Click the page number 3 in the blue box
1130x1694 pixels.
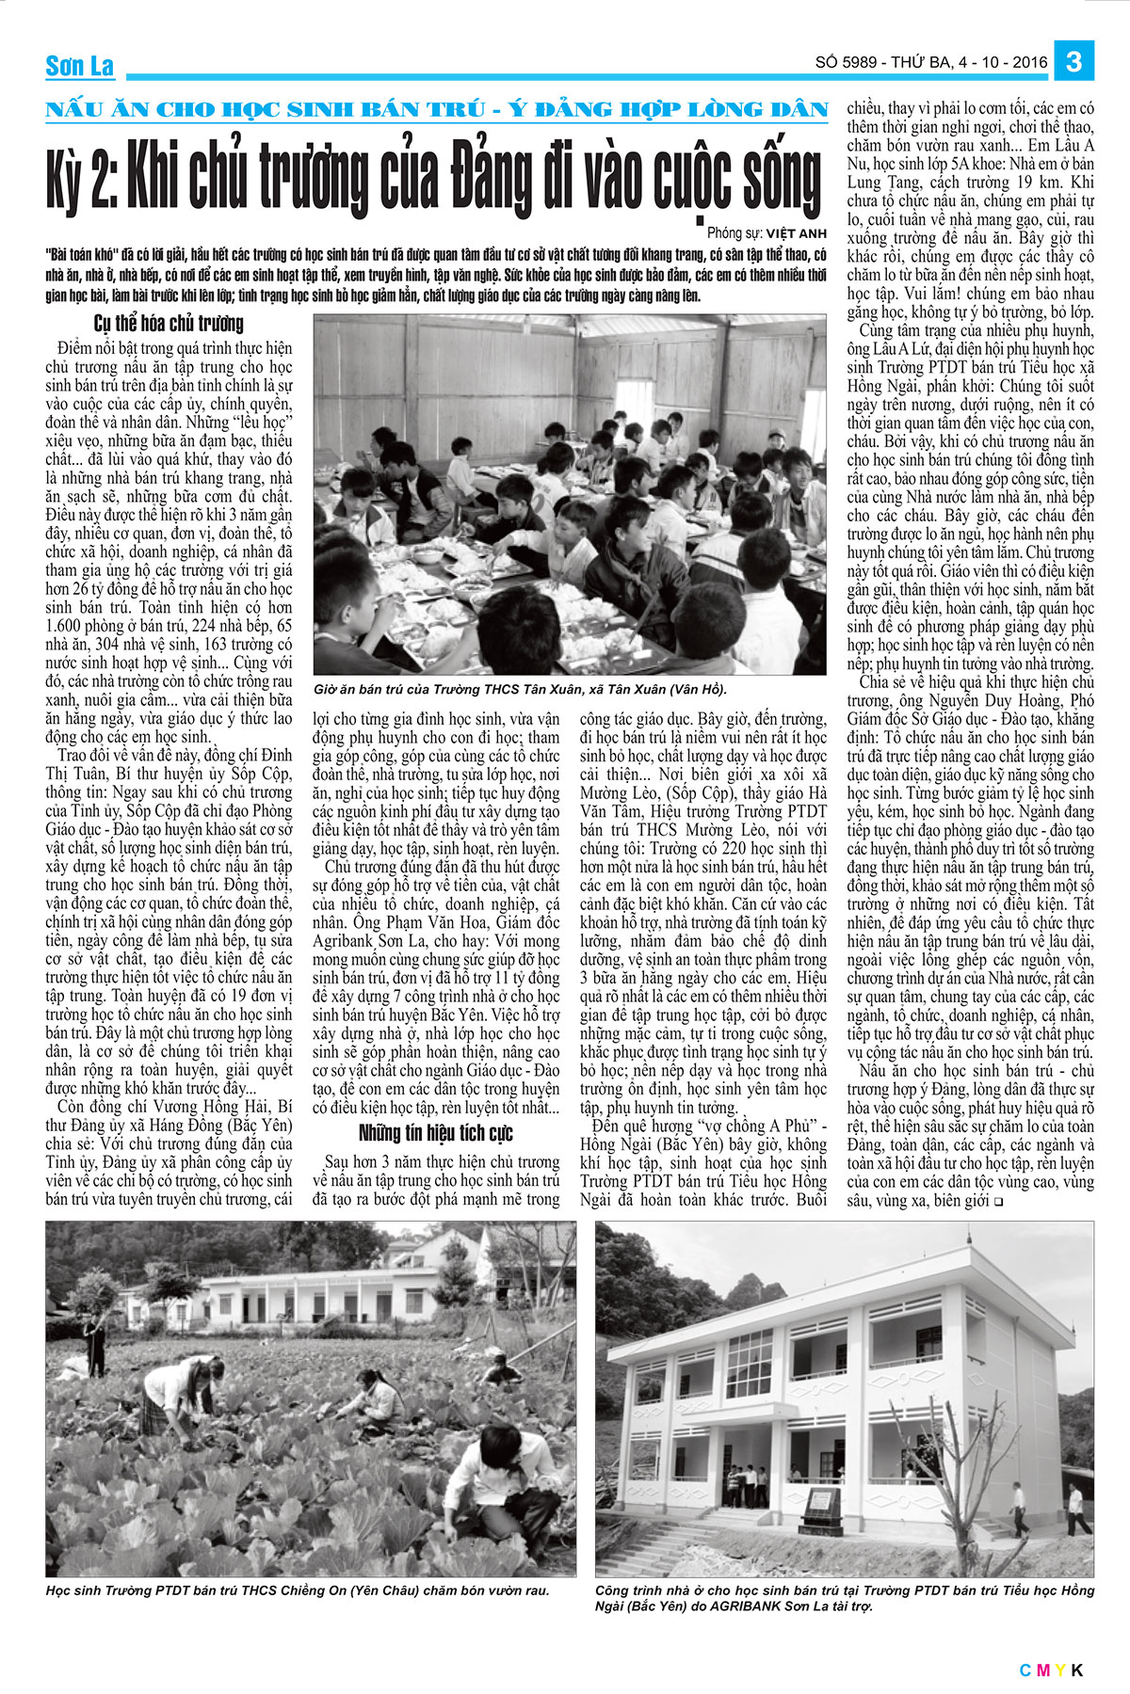[x=1075, y=61]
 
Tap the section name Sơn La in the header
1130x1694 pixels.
[x=80, y=66]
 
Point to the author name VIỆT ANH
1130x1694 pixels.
[x=796, y=232]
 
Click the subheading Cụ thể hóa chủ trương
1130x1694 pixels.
[x=169, y=324]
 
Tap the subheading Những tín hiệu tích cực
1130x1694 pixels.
[x=435, y=1132]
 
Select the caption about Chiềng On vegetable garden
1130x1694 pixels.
[x=297, y=1590]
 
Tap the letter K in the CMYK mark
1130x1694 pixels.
[x=1077, y=1670]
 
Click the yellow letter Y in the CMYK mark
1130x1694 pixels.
[x=1060, y=1670]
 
